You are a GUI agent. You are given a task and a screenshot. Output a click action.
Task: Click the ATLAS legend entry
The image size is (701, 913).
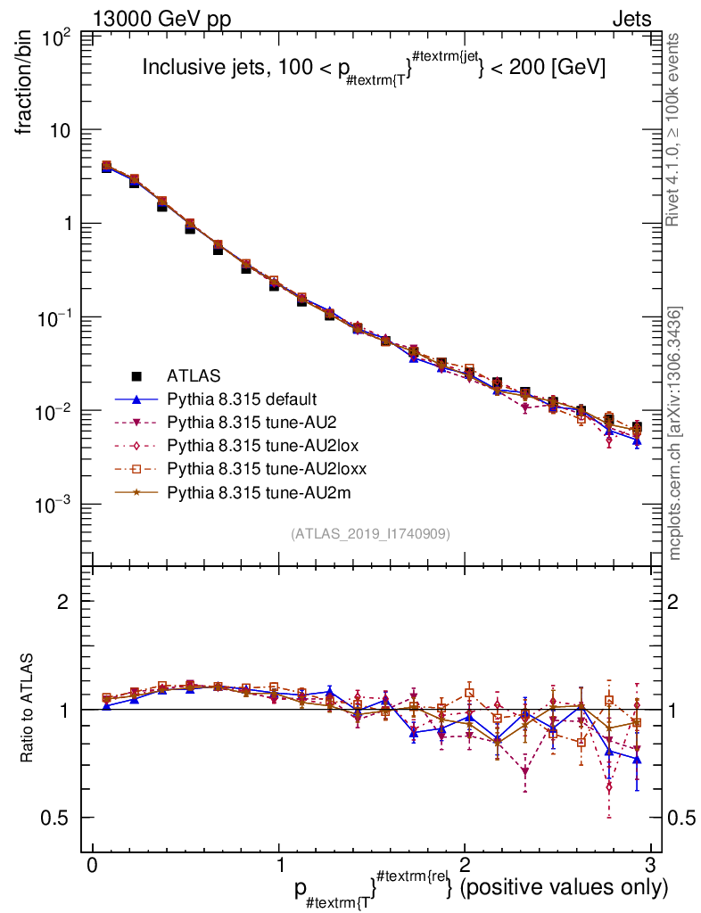click(x=194, y=375)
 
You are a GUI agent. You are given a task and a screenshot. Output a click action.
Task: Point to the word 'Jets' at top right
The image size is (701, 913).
click(x=631, y=21)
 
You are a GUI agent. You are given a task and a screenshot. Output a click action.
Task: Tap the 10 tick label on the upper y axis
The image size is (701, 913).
click(x=62, y=130)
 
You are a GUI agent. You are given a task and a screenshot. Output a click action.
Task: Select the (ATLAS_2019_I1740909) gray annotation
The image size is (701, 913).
click(x=370, y=534)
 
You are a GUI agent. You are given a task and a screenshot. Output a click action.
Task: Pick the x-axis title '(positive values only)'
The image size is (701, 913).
click(x=562, y=888)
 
